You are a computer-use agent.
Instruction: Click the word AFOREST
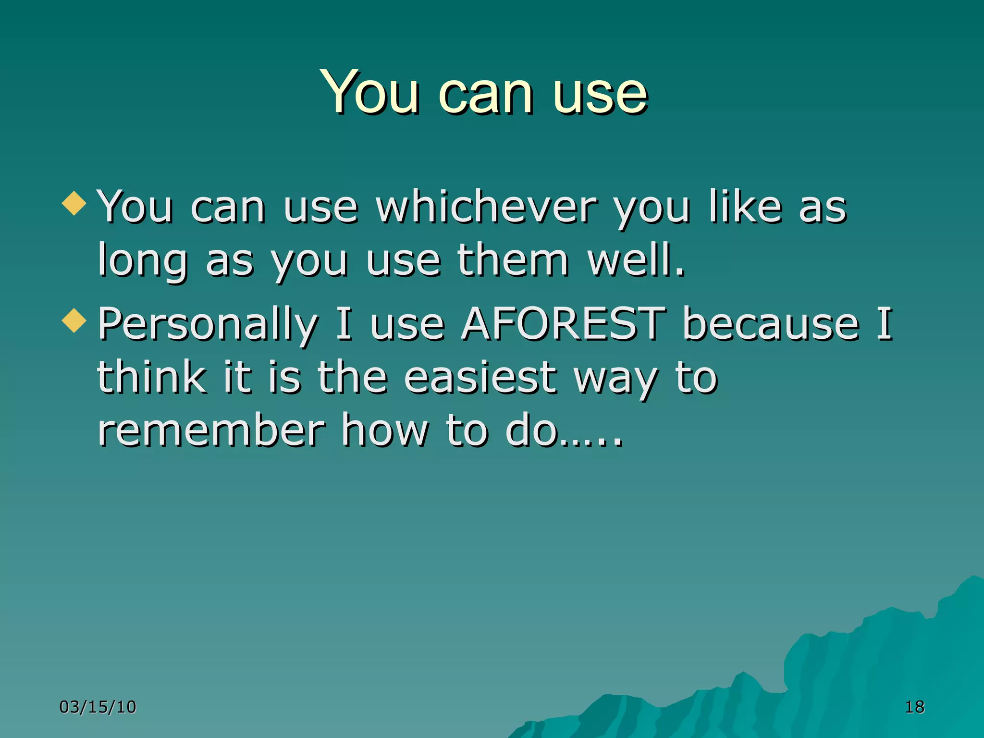(563, 324)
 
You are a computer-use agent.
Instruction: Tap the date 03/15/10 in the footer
(98, 707)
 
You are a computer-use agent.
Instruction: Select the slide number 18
(914, 707)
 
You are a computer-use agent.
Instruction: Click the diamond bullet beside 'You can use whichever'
(74, 203)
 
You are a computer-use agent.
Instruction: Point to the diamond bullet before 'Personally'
(74, 320)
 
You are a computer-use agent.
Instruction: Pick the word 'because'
(771, 324)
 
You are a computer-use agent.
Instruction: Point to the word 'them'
(512, 260)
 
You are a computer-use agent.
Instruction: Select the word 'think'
(152, 378)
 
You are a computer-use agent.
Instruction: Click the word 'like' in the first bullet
(745, 208)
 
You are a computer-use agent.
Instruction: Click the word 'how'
(384, 431)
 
